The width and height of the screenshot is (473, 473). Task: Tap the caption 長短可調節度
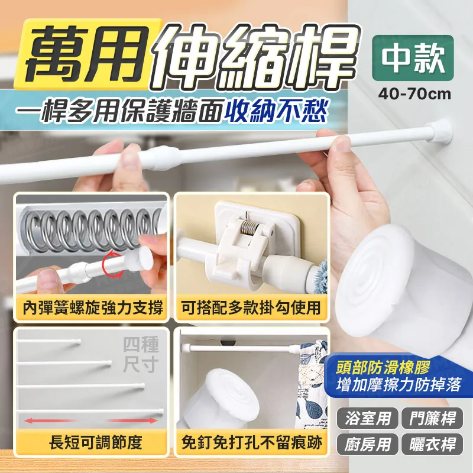(90, 442)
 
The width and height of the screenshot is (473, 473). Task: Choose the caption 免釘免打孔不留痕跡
(251, 442)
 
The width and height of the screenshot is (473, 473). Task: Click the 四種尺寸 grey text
(140, 354)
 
